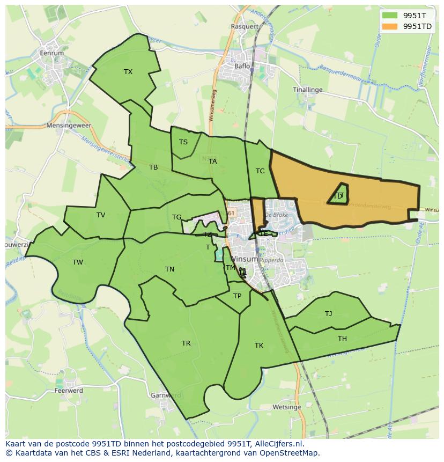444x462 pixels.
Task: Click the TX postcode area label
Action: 128,72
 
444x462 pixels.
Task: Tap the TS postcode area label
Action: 183,142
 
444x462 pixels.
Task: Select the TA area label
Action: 213,162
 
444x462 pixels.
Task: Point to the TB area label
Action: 153,167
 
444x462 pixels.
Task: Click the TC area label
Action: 260,171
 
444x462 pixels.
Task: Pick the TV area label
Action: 101,215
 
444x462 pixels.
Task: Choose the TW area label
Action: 78,262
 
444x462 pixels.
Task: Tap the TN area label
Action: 169,269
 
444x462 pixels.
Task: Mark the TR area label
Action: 186,343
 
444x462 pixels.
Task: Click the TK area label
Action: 259,346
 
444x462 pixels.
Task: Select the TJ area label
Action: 328,314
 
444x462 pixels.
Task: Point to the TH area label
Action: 342,338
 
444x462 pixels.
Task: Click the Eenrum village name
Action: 52,53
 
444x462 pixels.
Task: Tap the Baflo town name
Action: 242,67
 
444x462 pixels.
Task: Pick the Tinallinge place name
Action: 308,90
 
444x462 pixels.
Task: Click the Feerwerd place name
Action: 69,391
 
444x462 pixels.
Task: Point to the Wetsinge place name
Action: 286,407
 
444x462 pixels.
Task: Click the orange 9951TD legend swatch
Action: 390,26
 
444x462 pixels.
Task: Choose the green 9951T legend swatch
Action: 390,16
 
